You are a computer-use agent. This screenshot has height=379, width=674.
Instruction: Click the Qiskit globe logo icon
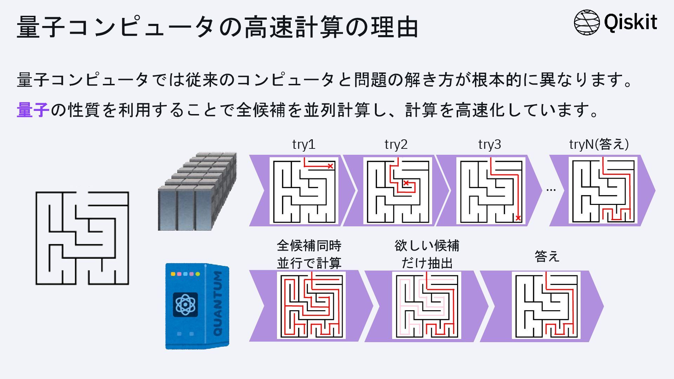pyautogui.click(x=587, y=22)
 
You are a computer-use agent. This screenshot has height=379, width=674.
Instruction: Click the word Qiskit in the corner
pyautogui.click(x=630, y=22)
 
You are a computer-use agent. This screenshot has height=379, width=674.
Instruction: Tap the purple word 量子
pyautogui.click(x=32, y=110)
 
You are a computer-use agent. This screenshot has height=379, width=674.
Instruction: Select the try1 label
pyautogui.click(x=304, y=144)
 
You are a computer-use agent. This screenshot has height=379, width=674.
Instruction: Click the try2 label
pyautogui.click(x=396, y=144)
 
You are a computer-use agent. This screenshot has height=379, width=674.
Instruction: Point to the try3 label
pyautogui.click(x=489, y=144)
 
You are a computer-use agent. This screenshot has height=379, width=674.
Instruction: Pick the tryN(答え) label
pyautogui.click(x=599, y=144)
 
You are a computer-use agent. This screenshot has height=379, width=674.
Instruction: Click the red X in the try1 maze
pyautogui.click(x=330, y=166)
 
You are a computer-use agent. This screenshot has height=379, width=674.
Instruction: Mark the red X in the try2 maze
pyautogui.click(x=406, y=183)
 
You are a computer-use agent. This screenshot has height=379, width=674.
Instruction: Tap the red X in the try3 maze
pyautogui.click(x=518, y=218)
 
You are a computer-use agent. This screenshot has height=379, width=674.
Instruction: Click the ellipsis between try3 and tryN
pyautogui.click(x=551, y=190)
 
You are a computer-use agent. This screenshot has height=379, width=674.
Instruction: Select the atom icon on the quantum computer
pyautogui.click(x=185, y=304)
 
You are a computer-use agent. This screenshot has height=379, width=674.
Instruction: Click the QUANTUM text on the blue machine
pyautogui.click(x=218, y=304)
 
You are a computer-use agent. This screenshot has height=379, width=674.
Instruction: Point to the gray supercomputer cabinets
pyautogui.click(x=197, y=192)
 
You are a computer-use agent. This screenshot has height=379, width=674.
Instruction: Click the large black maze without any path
pyautogui.click(x=82, y=238)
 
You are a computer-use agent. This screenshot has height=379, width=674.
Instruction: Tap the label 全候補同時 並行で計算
pyautogui.click(x=309, y=254)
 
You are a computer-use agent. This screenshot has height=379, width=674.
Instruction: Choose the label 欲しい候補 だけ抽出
pyautogui.click(x=427, y=254)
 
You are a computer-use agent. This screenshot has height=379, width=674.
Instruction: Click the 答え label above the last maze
pyautogui.click(x=547, y=257)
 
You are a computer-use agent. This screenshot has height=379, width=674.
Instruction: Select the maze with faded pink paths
pyautogui.click(x=427, y=306)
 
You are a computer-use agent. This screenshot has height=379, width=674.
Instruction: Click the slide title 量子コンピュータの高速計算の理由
pyautogui.click(x=218, y=27)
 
